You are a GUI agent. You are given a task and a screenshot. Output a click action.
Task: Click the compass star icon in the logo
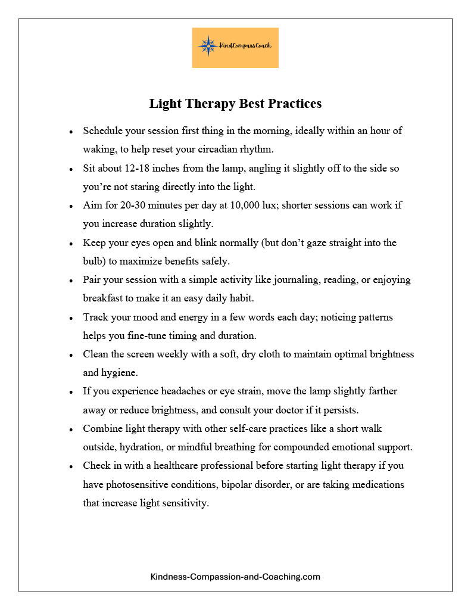tap(208, 46)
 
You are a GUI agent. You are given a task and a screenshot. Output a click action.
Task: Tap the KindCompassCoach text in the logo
tap(245, 46)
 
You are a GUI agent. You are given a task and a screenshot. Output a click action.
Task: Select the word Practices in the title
tap(294, 104)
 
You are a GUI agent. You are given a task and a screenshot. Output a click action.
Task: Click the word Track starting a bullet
tap(95, 317)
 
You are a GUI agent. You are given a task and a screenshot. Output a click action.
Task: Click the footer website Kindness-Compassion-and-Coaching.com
tap(235, 577)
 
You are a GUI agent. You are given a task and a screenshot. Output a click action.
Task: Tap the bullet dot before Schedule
tap(71, 131)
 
